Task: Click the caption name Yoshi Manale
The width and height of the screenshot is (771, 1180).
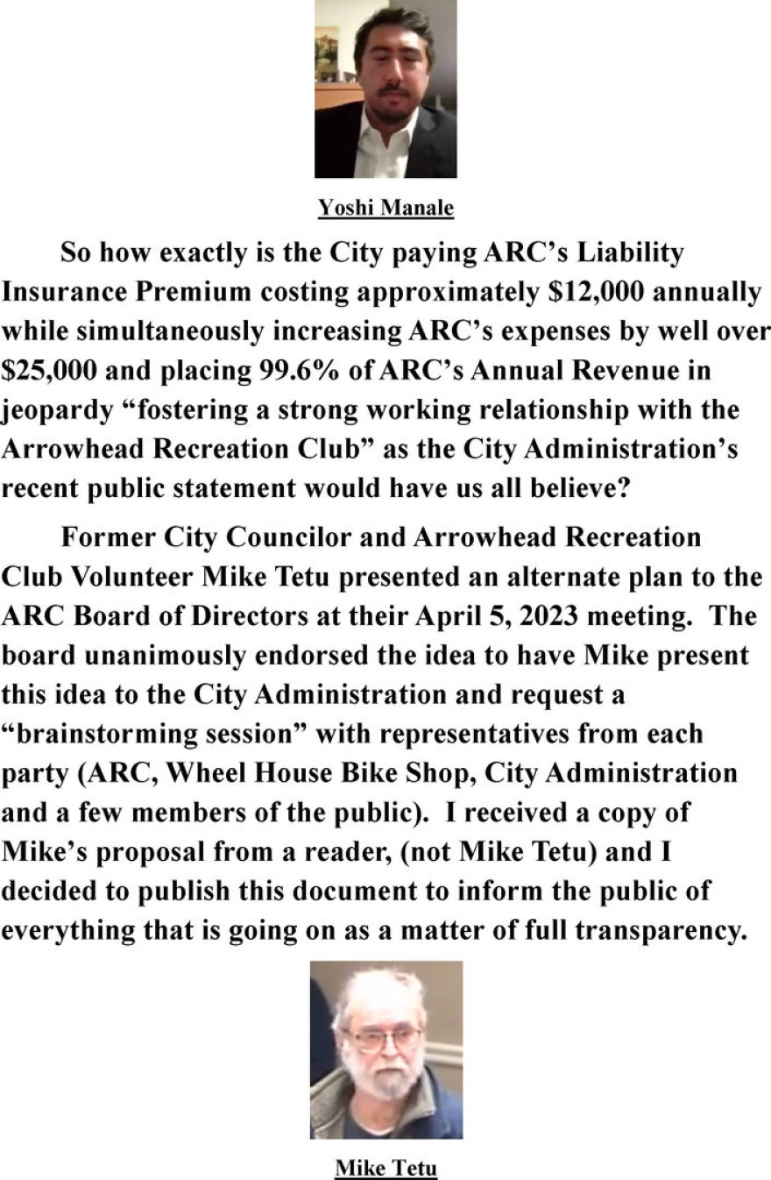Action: (x=385, y=208)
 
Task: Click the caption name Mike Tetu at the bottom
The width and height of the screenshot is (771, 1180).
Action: (x=385, y=1168)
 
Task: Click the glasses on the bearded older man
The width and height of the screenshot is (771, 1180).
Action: (x=383, y=1040)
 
